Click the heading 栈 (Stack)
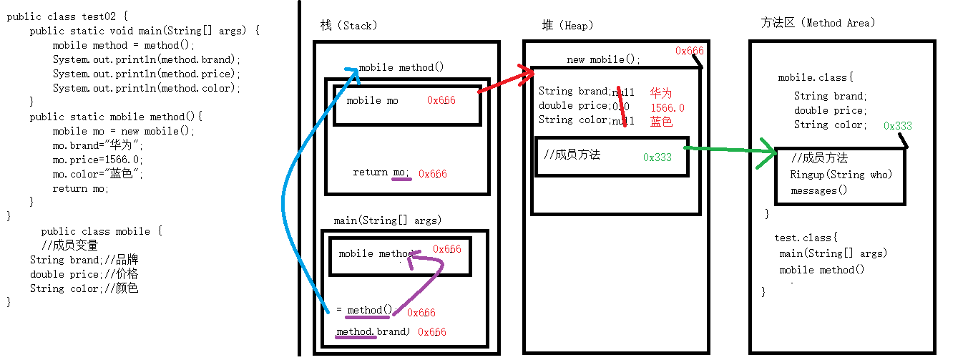pyautogui.click(x=348, y=26)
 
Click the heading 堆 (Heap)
pyautogui.click(x=567, y=26)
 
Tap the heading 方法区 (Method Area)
pyautogui.click(x=818, y=23)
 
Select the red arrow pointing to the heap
pyautogui.click(x=507, y=81)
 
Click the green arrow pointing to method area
pyautogui.click(x=730, y=150)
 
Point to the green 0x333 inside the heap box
pyautogui.click(x=657, y=157)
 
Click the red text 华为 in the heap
pyautogui.click(x=661, y=93)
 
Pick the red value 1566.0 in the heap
pyautogui.click(x=667, y=107)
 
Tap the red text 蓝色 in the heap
pyautogui.click(x=661, y=122)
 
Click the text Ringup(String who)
pyautogui.click(x=841, y=175)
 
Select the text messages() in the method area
pyautogui.click(x=818, y=190)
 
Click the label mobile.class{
pyautogui.click(x=816, y=77)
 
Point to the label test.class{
pyautogui.click(x=805, y=238)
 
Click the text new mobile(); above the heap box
pyautogui.click(x=603, y=59)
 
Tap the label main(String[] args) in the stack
pyautogui.click(x=387, y=220)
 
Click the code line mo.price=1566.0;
pyautogui.click(x=97, y=160)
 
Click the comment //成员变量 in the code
pyautogui.click(x=69, y=245)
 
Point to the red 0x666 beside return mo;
pyautogui.click(x=432, y=174)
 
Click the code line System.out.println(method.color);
pyautogui.click(x=147, y=88)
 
